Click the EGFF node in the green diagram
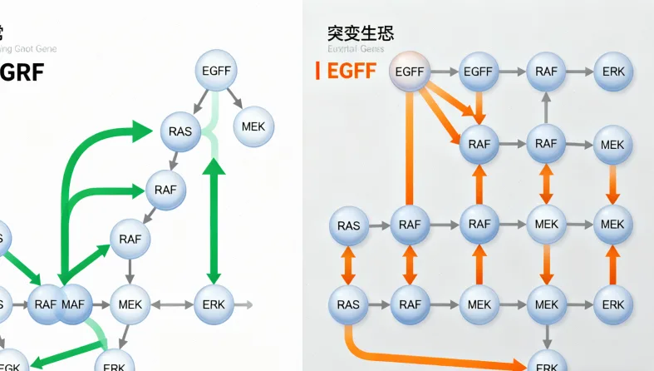[x=216, y=72]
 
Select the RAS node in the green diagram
[x=180, y=131]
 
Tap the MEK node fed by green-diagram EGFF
[x=253, y=127]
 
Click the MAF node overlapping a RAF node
[x=73, y=304]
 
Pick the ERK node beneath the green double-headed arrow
[x=214, y=304]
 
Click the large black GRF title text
[x=22, y=72]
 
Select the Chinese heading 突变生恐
[x=361, y=33]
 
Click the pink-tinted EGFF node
[x=411, y=72]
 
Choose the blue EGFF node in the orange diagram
[x=479, y=72]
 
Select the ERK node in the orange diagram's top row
[x=613, y=72]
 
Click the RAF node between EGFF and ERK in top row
[x=546, y=72]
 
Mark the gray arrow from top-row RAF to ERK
[x=579, y=72]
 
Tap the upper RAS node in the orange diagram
[x=349, y=225]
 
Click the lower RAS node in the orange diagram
[x=349, y=304]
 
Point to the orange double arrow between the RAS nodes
[x=349, y=265]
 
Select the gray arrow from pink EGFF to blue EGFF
[x=445, y=72]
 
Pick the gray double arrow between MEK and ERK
[x=170, y=304]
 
